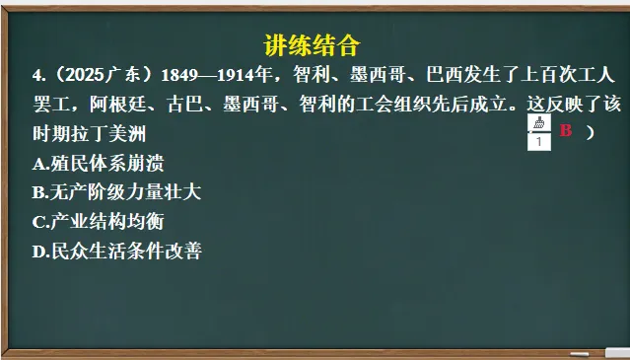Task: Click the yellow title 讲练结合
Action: click(x=313, y=45)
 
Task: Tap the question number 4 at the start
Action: click(x=36, y=76)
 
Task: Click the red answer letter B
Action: click(x=566, y=131)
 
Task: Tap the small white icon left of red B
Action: click(x=538, y=133)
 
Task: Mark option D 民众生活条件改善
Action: click(x=116, y=252)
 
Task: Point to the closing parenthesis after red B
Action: click(x=590, y=132)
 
